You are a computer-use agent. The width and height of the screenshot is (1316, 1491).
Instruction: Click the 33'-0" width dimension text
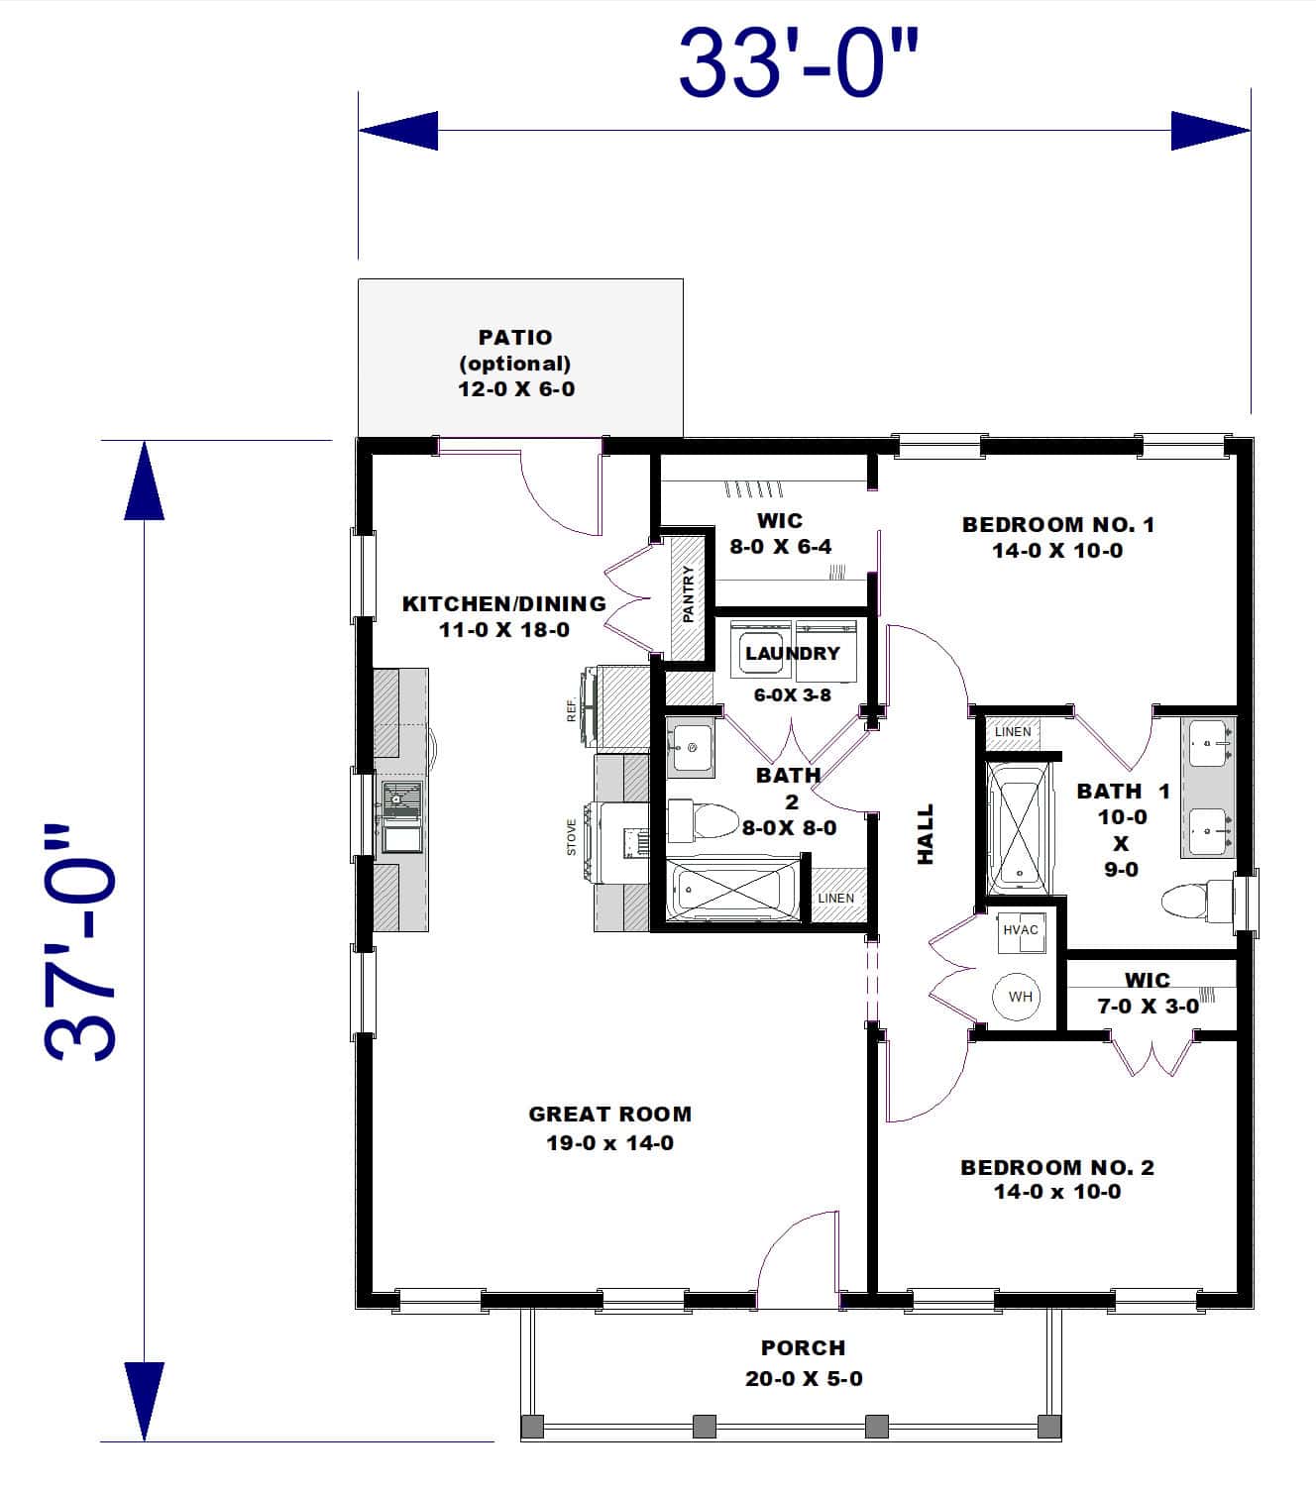tap(799, 64)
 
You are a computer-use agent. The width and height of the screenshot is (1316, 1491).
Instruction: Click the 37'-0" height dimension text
tap(82, 941)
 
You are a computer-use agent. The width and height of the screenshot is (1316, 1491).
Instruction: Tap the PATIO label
tap(515, 338)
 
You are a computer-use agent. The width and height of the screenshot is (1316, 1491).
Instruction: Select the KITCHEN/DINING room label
tap(503, 603)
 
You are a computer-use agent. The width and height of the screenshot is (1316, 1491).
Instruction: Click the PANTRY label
tap(689, 594)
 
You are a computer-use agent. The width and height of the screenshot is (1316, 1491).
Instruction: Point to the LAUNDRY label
tap(792, 653)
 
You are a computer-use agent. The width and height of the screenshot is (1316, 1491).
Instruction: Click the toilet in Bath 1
tap(1194, 902)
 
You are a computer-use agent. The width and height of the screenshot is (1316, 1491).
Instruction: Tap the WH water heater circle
tap(1020, 997)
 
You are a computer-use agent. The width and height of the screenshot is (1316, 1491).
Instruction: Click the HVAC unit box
tap(1021, 930)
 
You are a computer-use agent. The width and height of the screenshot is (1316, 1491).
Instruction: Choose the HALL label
tap(926, 834)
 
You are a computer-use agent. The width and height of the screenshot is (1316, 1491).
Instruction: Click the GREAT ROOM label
tap(609, 1115)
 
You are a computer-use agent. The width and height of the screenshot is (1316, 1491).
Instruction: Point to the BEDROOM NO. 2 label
tap(1057, 1167)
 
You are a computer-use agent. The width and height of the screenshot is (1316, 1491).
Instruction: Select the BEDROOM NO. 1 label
tap(1057, 525)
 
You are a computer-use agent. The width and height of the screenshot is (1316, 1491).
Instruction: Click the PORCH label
tap(803, 1348)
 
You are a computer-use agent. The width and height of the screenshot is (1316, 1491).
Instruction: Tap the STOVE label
tap(572, 837)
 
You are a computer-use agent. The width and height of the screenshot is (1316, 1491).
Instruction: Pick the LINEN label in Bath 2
tap(835, 899)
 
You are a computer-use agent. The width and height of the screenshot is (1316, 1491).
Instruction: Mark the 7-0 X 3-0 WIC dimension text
tap(1148, 1007)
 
